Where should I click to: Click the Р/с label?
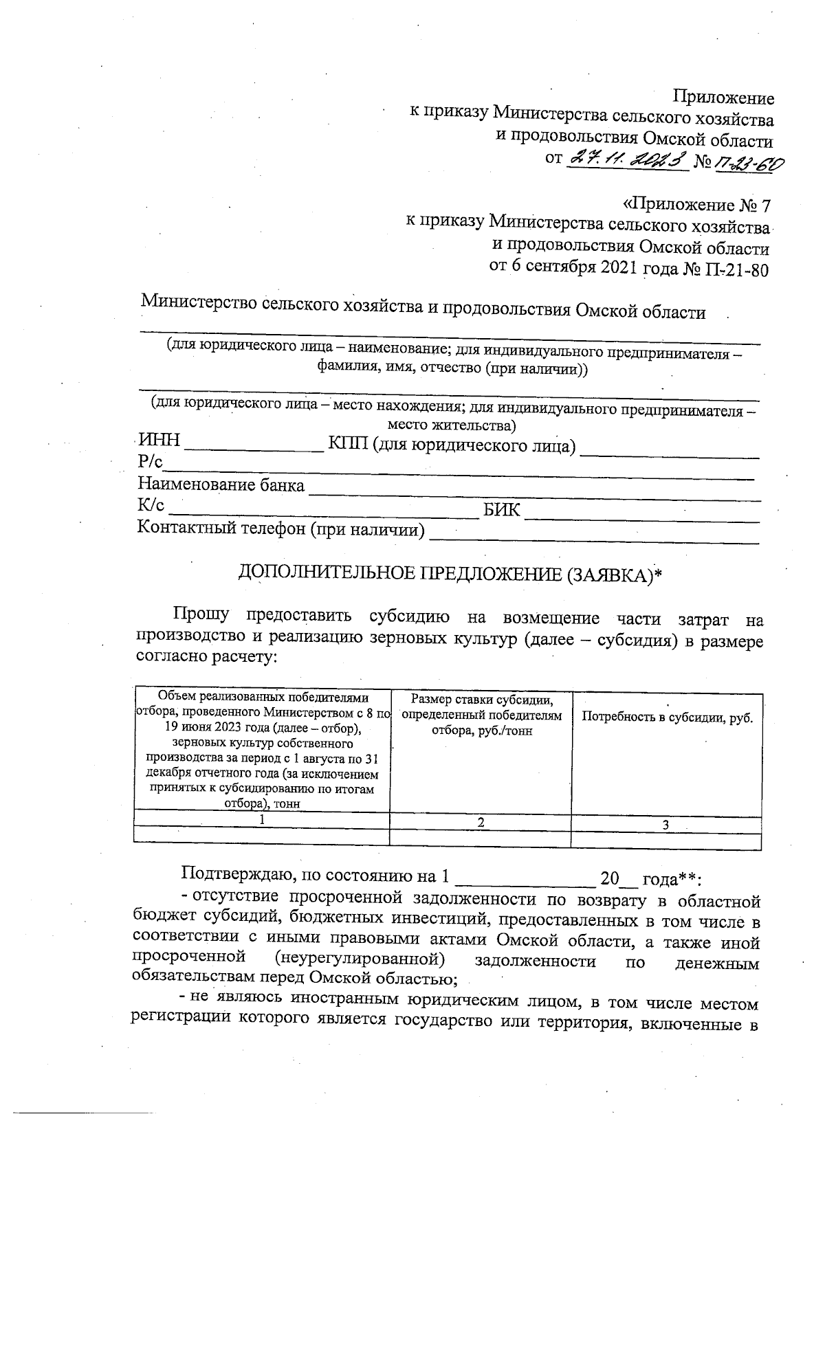pos(149,463)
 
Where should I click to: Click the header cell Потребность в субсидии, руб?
pos(667,717)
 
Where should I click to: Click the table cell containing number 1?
pos(261,821)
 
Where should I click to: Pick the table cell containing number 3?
pos(665,824)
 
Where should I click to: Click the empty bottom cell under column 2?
pos(480,840)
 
